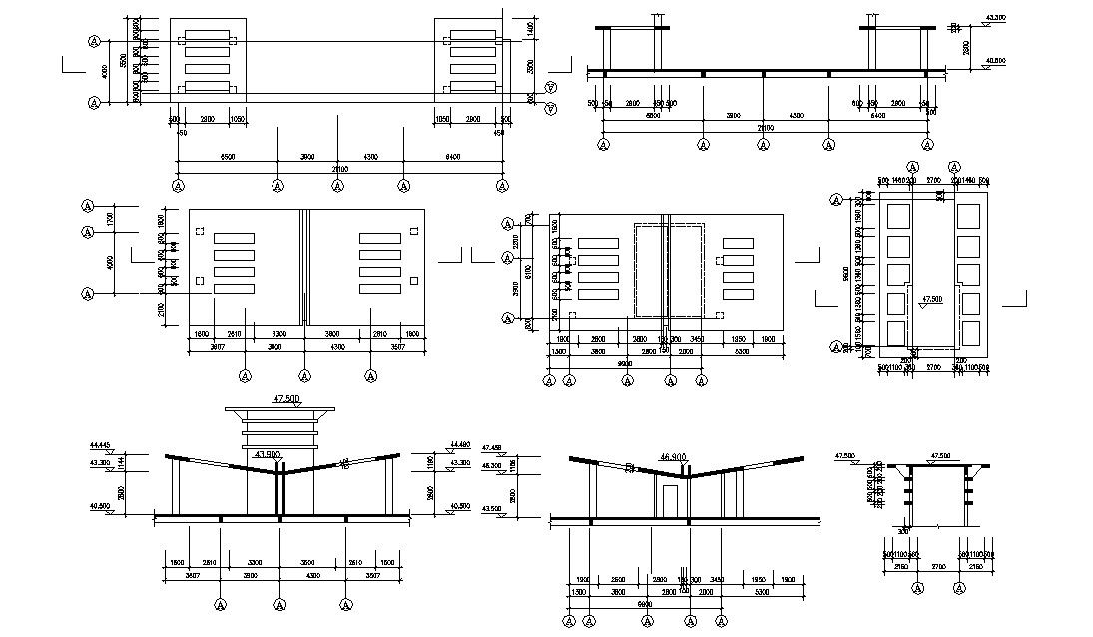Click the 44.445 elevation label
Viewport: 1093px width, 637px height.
(x=98, y=444)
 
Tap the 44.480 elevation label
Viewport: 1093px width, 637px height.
(x=459, y=444)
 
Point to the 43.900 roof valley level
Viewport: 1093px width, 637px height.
(x=267, y=454)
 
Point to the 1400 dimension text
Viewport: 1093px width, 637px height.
(x=530, y=30)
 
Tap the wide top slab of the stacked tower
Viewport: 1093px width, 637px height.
(x=280, y=408)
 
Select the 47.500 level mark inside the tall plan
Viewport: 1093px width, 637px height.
(x=932, y=298)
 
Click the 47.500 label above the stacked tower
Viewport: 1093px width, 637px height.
(x=286, y=398)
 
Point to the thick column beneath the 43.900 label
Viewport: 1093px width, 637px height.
(x=280, y=490)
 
